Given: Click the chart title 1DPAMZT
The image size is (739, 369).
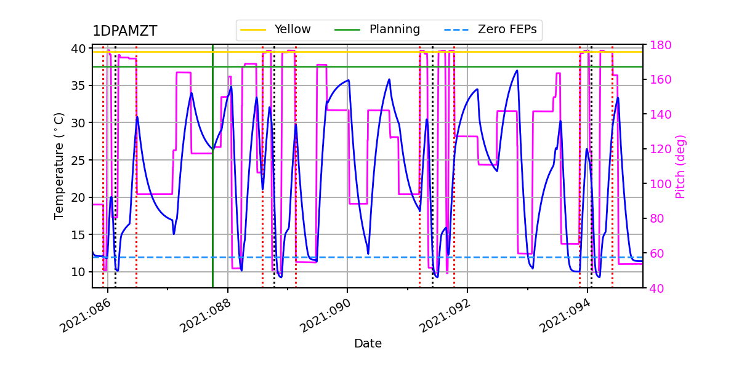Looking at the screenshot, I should pos(124,31).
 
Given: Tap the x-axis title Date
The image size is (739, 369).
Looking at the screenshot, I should pos(368,344).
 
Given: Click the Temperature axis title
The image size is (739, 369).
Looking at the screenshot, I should pos(59,166).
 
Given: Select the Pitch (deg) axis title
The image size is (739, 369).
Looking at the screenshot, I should pos(680,166).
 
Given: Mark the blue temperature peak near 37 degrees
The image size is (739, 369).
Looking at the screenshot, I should pos(517,71).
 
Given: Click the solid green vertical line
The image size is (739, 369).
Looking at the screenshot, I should pos(212,184).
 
